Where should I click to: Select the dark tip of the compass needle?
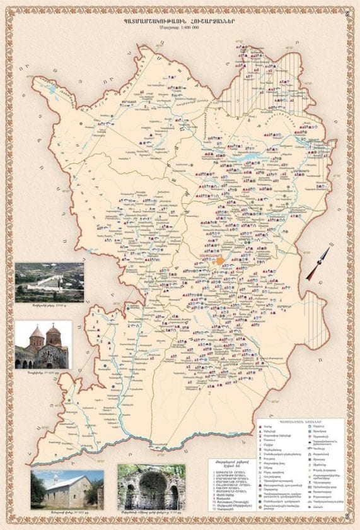[x=310, y=276]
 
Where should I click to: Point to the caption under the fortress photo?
[x=49, y=306]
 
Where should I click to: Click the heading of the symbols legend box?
[x=300, y=421]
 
